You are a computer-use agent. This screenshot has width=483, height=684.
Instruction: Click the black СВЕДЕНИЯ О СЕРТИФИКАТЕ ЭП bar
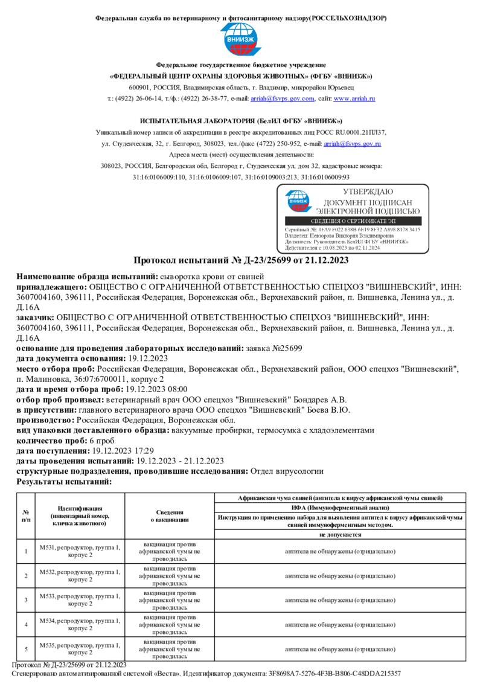[x=353, y=222]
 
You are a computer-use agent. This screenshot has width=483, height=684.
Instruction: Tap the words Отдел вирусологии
[x=287, y=471]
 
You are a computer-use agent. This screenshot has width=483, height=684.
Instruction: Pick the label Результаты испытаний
[x=64, y=482]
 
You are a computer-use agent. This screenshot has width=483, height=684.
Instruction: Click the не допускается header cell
[x=340, y=535]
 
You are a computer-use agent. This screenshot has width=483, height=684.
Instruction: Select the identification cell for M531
[x=80, y=550]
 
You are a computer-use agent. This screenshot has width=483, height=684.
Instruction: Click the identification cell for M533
[x=80, y=600]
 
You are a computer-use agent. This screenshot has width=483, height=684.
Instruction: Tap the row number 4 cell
[x=26, y=624]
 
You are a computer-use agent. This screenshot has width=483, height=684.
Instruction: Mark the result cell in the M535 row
[x=340, y=649]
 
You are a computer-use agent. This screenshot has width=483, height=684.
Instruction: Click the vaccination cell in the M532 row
[x=170, y=575]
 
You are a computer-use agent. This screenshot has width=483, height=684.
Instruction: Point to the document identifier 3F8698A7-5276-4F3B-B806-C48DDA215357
[x=336, y=673]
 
